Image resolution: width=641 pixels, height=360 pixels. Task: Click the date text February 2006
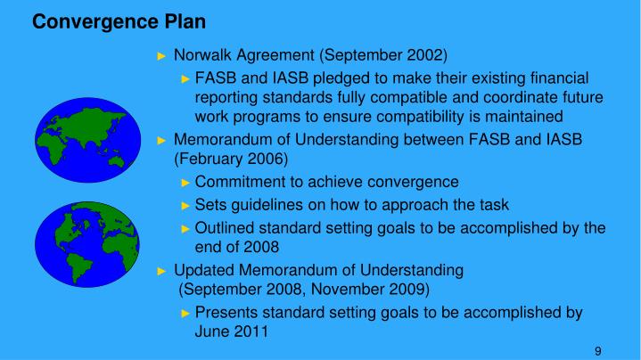tap(231, 159)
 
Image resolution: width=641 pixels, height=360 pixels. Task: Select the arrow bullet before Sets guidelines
tap(185, 204)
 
